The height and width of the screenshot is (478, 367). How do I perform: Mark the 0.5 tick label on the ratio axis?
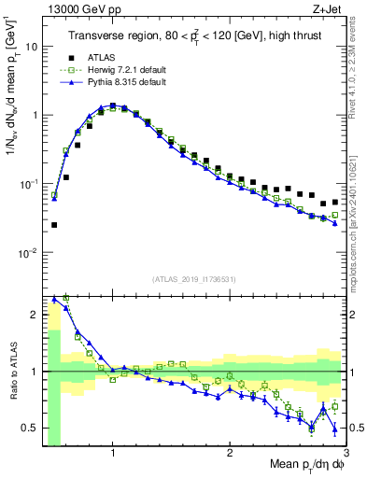point(30,428)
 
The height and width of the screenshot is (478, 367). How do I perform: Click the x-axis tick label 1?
point(113,454)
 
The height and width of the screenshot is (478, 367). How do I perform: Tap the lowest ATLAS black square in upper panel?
point(54,225)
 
